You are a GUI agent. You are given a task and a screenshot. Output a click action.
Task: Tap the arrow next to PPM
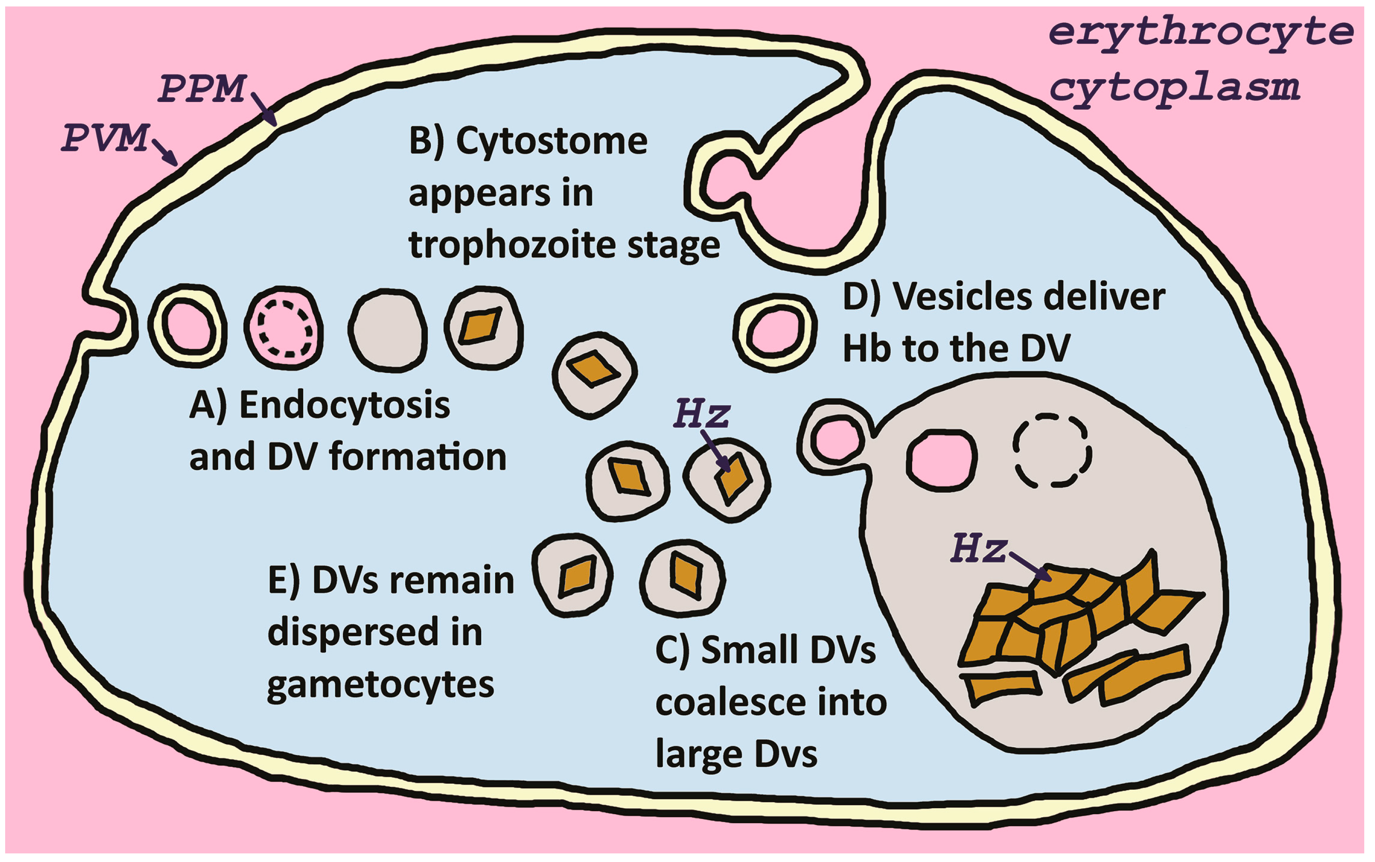pyautogui.click(x=263, y=109)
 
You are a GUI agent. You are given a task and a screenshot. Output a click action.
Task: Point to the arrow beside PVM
pyautogui.click(x=165, y=152)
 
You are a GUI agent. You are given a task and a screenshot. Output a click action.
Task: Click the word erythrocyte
pyautogui.click(x=1200, y=33)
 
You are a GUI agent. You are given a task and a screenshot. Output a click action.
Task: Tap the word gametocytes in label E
pyautogui.click(x=380, y=685)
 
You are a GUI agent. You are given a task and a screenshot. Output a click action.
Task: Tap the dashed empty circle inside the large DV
pyautogui.click(x=1052, y=450)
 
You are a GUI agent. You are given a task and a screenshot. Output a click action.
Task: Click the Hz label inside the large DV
pyautogui.click(x=977, y=548)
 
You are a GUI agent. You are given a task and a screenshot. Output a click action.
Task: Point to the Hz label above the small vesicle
pyautogui.click(x=701, y=414)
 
